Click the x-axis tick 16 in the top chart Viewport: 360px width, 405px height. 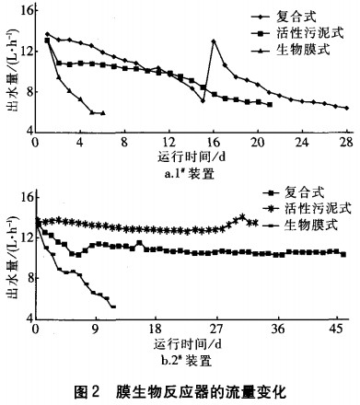(x=213, y=143)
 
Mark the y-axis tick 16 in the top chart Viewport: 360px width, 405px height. (x=25, y=13)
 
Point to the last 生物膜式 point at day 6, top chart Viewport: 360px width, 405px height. (x=102, y=113)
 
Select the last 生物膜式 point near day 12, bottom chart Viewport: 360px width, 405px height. (x=113, y=307)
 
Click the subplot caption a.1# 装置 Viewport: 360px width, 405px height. (x=189, y=170)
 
